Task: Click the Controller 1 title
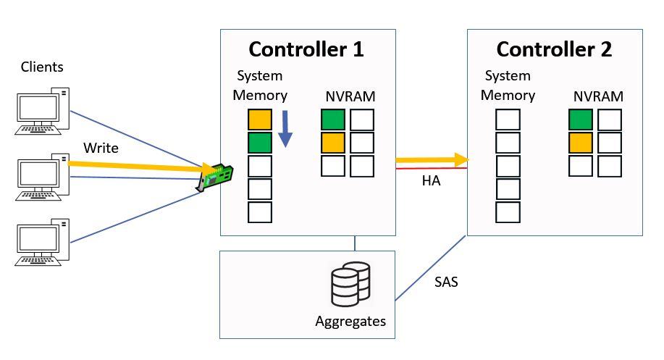pos(306,50)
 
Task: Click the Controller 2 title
pos(554,50)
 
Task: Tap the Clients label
pos(42,67)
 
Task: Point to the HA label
pos(431,181)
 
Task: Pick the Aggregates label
pos(350,321)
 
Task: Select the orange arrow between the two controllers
pos(430,159)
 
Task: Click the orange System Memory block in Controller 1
pos(260,120)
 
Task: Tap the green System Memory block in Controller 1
pos(260,143)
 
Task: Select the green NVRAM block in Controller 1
pos(333,120)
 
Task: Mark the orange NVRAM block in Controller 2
pos(581,143)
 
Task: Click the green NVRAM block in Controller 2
pos(581,120)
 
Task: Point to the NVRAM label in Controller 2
pos(598,96)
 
